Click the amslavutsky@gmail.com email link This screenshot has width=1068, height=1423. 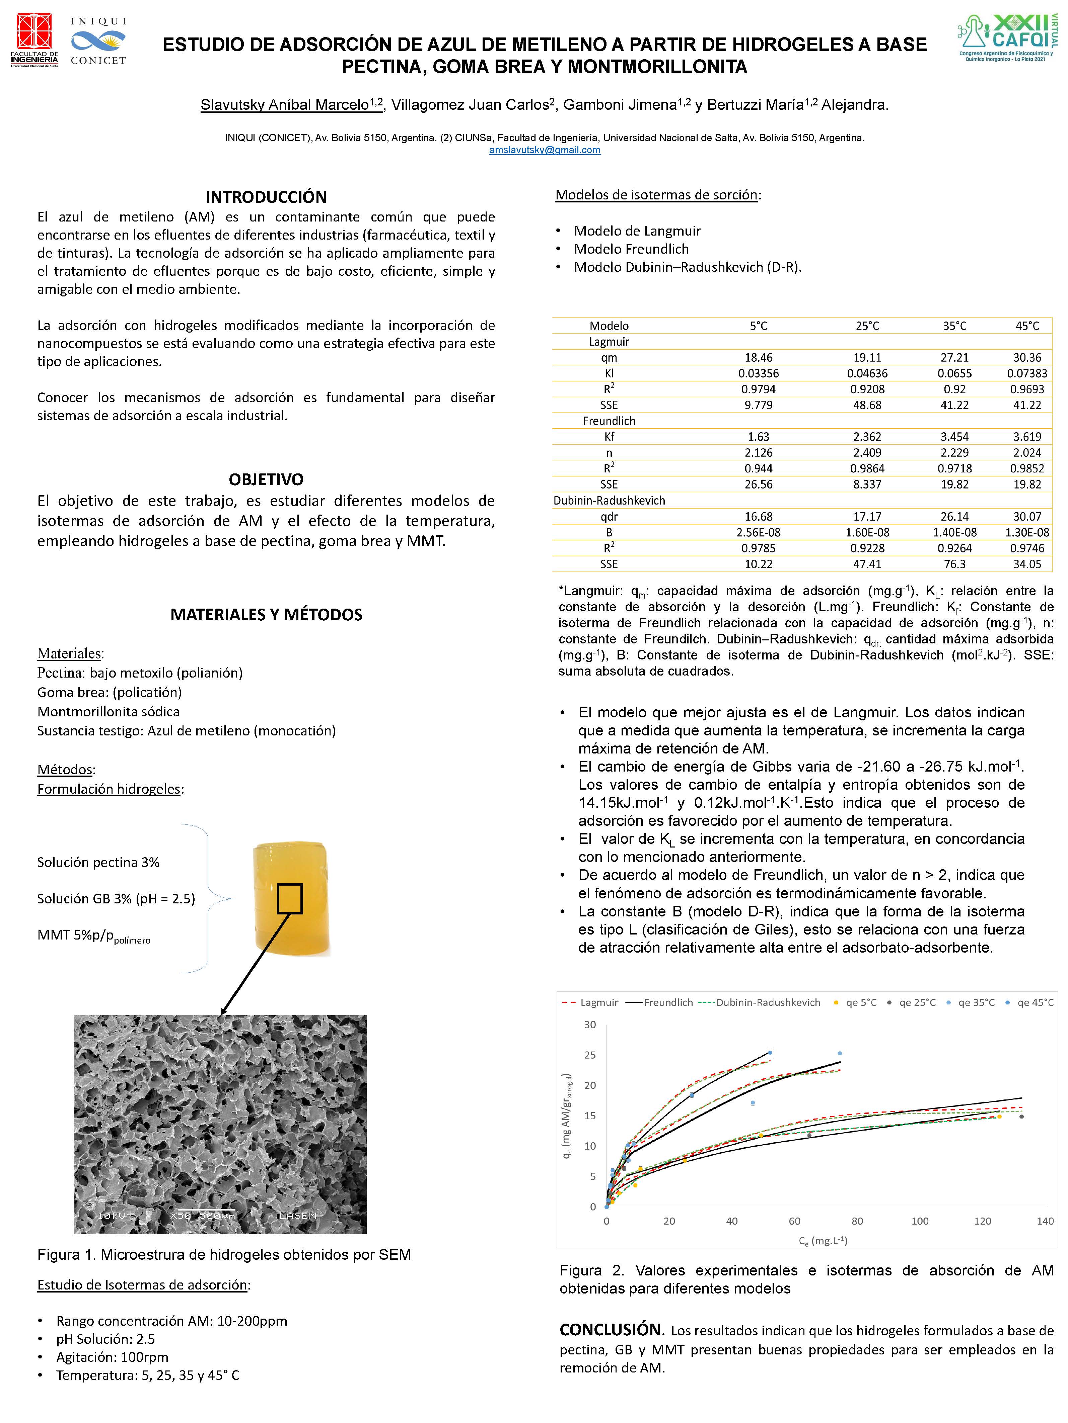pos(545,150)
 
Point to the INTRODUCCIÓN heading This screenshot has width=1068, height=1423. pos(266,197)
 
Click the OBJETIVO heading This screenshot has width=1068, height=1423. pos(266,479)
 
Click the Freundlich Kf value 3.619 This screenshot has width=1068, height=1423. pos(1027,437)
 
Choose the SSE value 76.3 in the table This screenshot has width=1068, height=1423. pos(954,564)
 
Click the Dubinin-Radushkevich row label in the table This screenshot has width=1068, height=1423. pos(609,501)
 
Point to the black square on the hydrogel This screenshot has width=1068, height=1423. pos(290,899)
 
